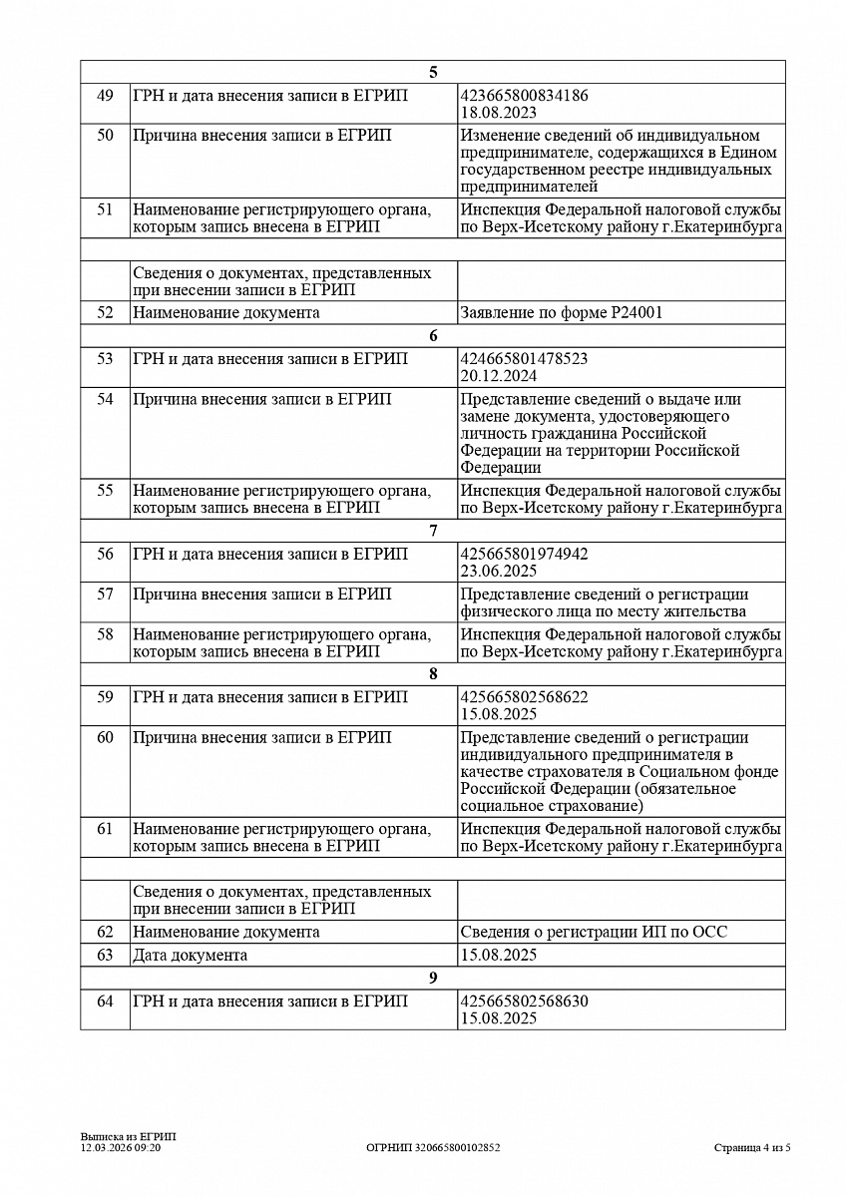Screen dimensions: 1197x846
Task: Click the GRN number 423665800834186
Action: [524, 96]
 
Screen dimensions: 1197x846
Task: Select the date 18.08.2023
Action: [499, 114]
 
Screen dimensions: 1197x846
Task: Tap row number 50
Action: [105, 136]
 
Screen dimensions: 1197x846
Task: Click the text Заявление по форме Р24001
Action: [562, 312]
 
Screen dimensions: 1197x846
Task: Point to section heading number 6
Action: [433, 336]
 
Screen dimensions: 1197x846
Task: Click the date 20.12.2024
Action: [499, 376]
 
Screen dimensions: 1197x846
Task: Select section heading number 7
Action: [433, 531]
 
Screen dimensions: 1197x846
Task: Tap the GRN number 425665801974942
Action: [524, 554]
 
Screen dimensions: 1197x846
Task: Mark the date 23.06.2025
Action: [499, 572]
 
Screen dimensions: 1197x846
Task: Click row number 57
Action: [105, 595]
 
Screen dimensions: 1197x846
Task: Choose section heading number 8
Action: [433, 673]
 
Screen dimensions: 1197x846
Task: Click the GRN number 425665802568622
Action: [524, 697]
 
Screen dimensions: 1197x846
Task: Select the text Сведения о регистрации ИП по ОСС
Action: [594, 932]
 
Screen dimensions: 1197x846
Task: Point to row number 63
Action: [105, 955]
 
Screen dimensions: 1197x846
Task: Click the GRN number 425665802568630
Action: [524, 1001]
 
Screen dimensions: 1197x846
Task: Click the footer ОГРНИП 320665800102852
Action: [433, 1148]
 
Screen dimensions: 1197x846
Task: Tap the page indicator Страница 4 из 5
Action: [752, 1148]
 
